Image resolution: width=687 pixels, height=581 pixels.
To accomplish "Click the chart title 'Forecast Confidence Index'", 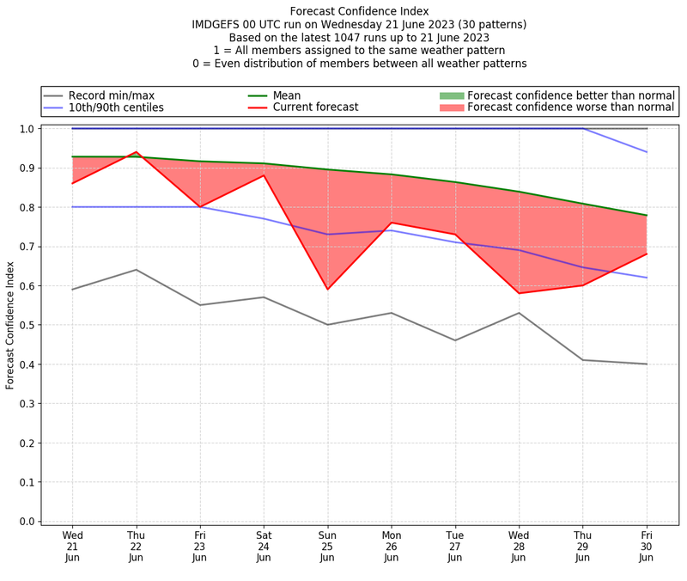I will [360, 11].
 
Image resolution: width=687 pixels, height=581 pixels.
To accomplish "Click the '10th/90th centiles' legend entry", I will [116, 107].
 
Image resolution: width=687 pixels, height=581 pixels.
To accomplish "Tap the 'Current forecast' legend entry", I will [315, 107].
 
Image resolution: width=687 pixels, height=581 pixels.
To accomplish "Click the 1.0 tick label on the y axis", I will [27, 129].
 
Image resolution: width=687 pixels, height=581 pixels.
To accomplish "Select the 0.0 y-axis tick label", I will [27, 521].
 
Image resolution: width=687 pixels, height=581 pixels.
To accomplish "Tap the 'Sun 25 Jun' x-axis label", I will [327, 545].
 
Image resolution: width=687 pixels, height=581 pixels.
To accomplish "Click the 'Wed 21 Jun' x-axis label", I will [73, 545].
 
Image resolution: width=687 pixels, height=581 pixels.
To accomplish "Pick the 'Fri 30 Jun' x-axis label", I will [646, 545].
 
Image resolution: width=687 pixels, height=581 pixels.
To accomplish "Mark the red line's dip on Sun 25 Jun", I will [327, 289].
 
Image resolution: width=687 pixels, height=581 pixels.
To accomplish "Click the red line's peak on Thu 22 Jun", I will [137, 152].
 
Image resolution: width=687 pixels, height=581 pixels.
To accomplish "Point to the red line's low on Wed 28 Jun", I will [519, 293].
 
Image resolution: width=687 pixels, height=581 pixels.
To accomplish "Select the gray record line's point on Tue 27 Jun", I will [455, 340].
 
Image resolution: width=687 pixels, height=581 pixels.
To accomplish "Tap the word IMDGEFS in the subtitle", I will [221, 25].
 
